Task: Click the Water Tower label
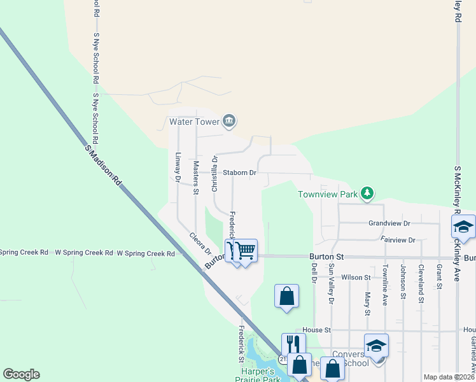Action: (x=193, y=121)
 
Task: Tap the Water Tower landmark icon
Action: (x=230, y=120)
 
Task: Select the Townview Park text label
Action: (x=328, y=194)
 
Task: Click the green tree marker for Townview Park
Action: (x=367, y=192)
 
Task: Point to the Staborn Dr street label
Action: (x=239, y=173)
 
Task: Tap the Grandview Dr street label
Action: (x=389, y=223)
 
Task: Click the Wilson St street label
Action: (x=356, y=278)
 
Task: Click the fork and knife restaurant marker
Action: (x=293, y=344)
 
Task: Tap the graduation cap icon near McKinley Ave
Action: (x=463, y=227)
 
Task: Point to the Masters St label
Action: (x=196, y=178)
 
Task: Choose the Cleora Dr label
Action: (x=200, y=244)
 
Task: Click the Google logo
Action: (x=21, y=374)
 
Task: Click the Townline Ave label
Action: (x=385, y=286)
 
